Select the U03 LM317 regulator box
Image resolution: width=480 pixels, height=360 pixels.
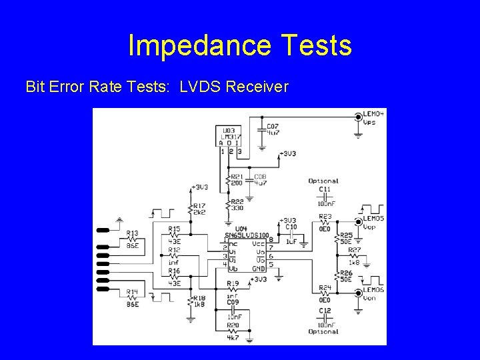click(231, 137)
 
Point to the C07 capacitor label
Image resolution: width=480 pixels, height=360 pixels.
click(272, 129)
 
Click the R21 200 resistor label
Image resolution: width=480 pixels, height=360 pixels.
click(237, 179)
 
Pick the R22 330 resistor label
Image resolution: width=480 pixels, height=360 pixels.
click(237, 205)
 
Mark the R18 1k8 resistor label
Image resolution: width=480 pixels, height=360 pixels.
click(199, 302)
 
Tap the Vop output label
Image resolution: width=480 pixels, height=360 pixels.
click(370, 226)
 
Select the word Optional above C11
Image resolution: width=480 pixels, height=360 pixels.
click(323, 181)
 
